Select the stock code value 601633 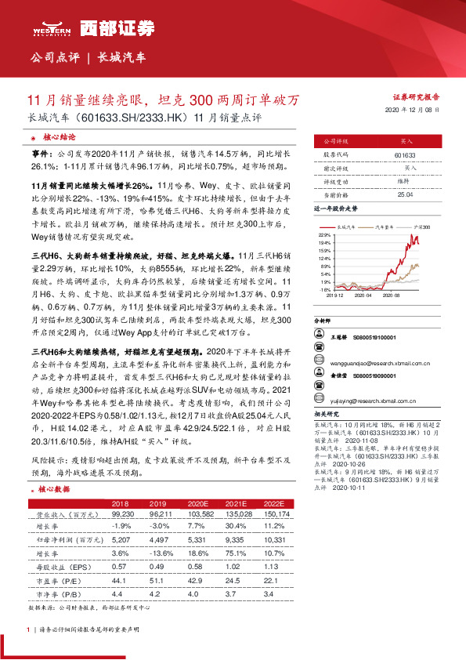405,155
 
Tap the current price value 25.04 405,204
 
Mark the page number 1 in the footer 28,629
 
